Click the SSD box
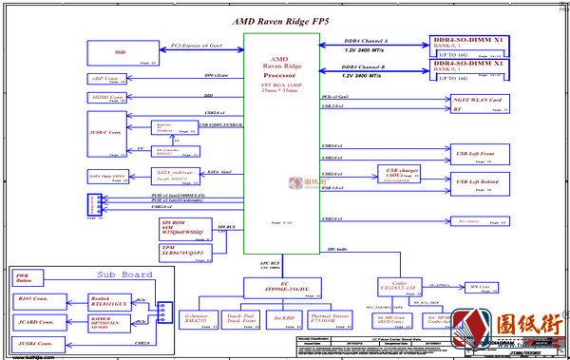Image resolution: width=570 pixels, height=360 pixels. [x=120, y=52]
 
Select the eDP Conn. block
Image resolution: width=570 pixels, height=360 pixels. [x=105, y=79]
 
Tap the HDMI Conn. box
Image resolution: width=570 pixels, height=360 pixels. [x=105, y=98]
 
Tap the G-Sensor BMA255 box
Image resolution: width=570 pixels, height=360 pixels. [x=197, y=320]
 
